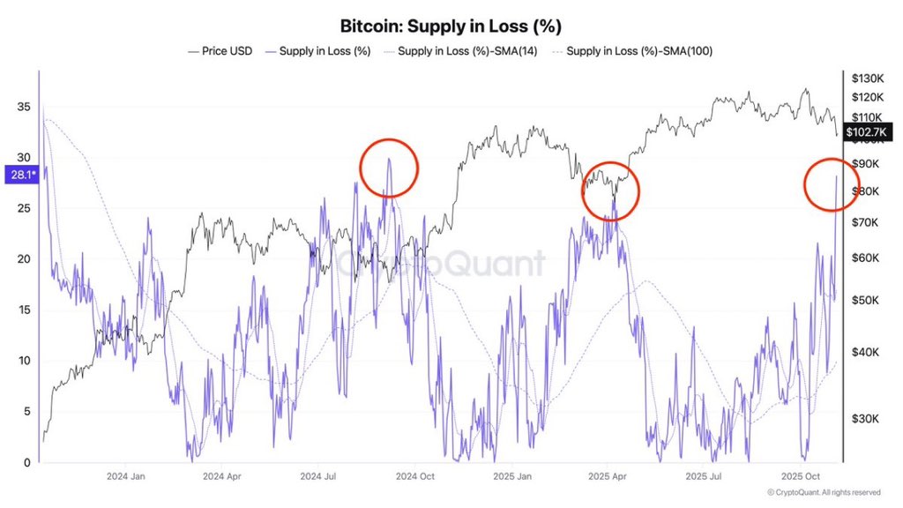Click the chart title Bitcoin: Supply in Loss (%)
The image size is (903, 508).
[451, 26]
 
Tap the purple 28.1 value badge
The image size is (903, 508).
[20, 175]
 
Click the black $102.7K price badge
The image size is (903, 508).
[869, 132]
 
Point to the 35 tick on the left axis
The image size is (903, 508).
[24, 107]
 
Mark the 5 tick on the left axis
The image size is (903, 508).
[27, 412]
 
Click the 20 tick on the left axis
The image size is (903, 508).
[24, 259]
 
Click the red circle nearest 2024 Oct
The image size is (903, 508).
[389, 168]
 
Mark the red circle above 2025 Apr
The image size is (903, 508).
[610, 190]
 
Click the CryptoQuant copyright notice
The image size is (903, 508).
[824, 492]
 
